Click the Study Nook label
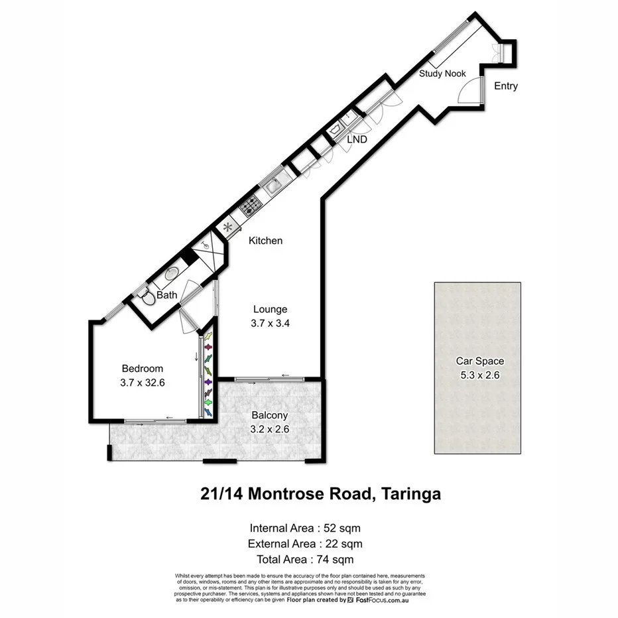(442, 74)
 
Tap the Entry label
(506, 86)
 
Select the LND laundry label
(357, 140)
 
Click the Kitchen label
(265, 241)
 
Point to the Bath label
(167, 295)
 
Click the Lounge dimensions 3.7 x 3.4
(270, 324)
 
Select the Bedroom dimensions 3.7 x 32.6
(142, 383)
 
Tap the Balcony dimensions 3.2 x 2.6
(270, 429)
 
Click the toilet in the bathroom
(147, 297)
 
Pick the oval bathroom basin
(171, 273)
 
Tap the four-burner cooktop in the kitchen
(249, 206)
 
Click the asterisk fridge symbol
(229, 227)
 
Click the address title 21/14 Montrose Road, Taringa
(321, 494)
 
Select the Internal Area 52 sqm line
(305, 528)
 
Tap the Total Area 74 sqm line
(305, 559)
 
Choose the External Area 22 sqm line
(305, 544)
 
